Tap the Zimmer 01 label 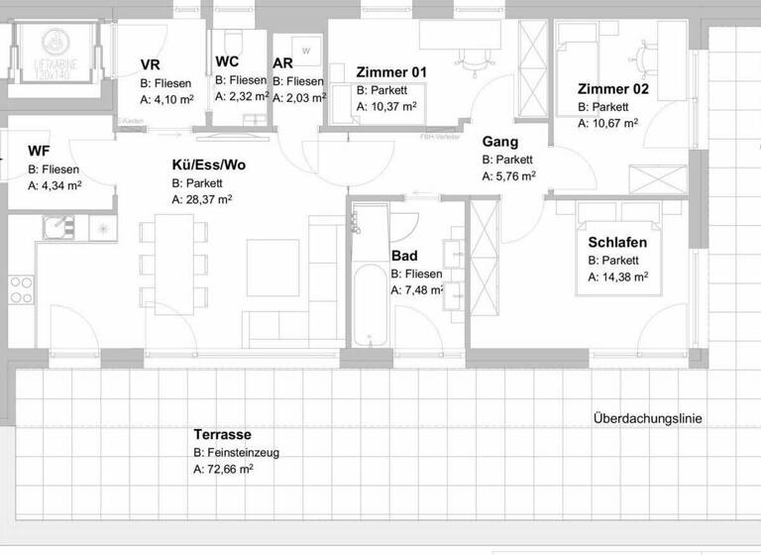[x=391, y=71]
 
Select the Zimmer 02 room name [x=613, y=89]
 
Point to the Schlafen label [x=617, y=243]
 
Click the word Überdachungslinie [x=647, y=419]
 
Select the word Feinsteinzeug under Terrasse [x=244, y=453]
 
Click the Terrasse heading [x=222, y=435]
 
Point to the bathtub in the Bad [x=372, y=297]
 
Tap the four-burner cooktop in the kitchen [x=22, y=289]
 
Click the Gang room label [x=501, y=142]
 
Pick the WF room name [x=39, y=151]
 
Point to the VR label [x=150, y=65]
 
